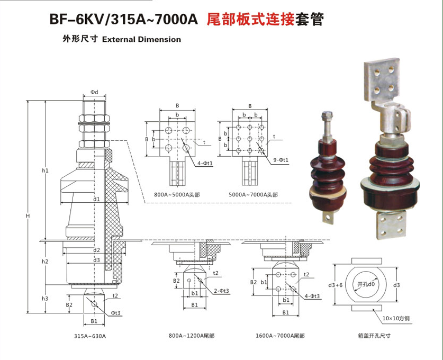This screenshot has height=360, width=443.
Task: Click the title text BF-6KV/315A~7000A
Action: [123, 20]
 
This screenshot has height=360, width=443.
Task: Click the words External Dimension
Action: [141, 39]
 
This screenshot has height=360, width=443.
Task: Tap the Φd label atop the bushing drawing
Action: [94, 92]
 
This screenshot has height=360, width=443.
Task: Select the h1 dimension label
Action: [46, 170]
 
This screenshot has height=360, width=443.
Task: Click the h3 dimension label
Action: [46, 299]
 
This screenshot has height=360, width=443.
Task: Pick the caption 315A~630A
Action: [90, 336]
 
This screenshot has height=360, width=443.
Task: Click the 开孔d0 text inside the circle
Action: [366, 285]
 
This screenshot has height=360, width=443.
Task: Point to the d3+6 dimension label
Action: [337, 285]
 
